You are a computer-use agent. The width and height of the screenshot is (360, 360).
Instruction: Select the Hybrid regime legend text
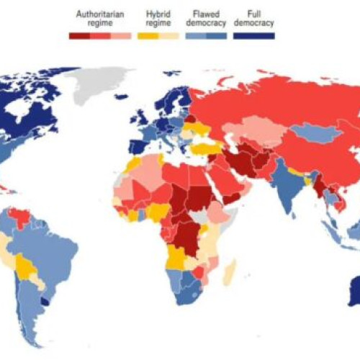click(158, 18)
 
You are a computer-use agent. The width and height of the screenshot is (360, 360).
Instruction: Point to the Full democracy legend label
click(253, 18)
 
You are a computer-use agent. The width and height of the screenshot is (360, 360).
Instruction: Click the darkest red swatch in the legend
click(78, 34)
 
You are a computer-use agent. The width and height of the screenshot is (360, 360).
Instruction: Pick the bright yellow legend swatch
click(148, 34)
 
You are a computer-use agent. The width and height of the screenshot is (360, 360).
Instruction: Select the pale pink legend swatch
click(121, 34)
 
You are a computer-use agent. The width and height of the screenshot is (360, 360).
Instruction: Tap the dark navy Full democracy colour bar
click(253, 34)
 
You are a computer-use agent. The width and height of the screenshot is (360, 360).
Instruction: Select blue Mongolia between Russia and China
click(309, 132)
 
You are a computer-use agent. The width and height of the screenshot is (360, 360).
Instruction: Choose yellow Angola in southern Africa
click(176, 256)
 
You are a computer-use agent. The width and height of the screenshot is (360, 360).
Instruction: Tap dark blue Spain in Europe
click(140, 148)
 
